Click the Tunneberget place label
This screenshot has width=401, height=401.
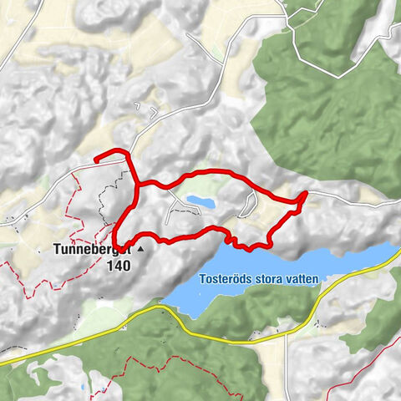pyautogui.click(x=91, y=249)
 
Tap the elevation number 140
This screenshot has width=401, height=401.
pyautogui.click(x=119, y=266)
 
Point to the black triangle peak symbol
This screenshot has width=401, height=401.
pyautogui.click(x=140, y=249)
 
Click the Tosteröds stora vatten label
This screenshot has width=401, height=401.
pyautogui.click(x=259, y=280)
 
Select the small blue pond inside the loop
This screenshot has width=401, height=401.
pyautogui.click(x=200, y=202)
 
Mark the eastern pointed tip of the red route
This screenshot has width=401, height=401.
pyautogui.click(x=306, y=194)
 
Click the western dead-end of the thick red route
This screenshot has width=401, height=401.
pyautogui.click(x=95, y=158)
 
